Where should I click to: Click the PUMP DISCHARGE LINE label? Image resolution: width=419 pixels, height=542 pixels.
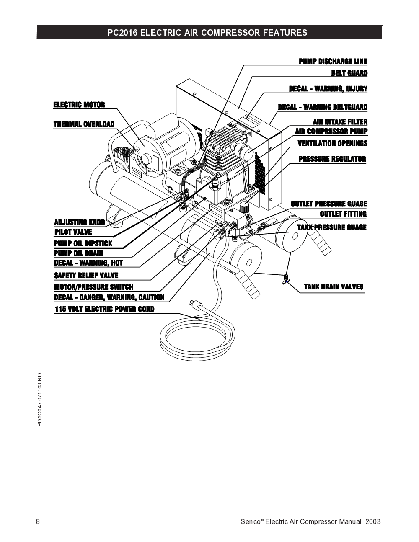(333, 62)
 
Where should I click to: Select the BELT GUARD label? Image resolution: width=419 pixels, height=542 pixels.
(349, 73)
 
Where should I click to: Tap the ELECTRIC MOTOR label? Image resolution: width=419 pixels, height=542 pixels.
(79, 105)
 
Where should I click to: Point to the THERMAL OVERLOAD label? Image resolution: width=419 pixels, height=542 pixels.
(84, 124)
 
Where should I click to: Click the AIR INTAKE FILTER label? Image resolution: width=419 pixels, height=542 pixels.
(340, 122)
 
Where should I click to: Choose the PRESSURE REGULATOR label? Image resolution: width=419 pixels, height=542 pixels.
(332, 159)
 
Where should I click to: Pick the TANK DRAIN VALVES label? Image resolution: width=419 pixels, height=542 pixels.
(334, 287)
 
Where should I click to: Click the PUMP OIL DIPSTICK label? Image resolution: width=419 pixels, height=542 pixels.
(83, 243)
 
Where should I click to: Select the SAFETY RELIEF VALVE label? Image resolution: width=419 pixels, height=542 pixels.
(86, 276)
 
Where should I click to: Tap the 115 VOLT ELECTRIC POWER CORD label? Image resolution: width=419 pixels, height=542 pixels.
(104, 310)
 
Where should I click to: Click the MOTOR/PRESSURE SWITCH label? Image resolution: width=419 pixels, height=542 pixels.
(93, 287)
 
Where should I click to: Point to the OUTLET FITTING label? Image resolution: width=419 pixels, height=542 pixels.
(343, 214)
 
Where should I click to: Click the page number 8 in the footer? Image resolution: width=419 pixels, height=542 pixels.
(38, 521)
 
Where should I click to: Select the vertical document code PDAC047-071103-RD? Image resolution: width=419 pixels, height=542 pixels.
(40, 400)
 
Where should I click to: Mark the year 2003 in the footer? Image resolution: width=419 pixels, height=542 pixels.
(373, 521)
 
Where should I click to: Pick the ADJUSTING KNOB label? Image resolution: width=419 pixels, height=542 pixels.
(79, 222)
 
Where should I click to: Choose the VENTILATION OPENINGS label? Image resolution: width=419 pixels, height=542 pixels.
(332, 144)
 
